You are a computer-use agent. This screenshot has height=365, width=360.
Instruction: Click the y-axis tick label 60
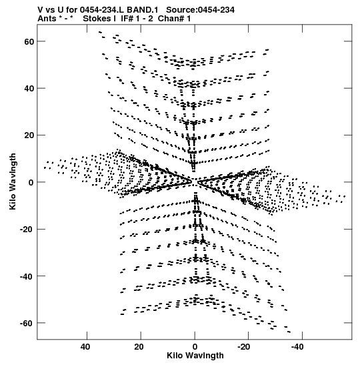pos(29,42)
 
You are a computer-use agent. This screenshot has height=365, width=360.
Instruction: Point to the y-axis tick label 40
pos(29,89)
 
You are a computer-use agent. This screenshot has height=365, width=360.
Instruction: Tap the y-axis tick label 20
pos(29,135)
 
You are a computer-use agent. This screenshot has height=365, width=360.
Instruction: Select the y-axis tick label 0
pos(31,183)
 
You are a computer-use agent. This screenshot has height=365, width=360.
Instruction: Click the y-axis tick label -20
pos(27,230)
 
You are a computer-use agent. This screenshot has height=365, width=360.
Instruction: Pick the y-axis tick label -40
pos(27,276)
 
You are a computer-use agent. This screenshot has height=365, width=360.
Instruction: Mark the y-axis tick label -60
pos(27,324)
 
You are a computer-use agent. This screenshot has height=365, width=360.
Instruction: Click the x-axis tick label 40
pos(85,347)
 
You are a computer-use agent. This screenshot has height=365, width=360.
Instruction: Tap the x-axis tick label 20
pos(139,347)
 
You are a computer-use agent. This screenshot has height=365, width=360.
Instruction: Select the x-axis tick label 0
pos(195,347)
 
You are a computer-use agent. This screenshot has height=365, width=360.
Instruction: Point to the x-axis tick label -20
pos(244,347)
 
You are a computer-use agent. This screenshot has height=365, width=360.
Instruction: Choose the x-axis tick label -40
pos(298,347)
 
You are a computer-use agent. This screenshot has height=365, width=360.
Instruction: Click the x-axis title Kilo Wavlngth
pos(195,356)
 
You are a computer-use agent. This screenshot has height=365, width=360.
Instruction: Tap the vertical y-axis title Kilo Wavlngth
pos(13,181)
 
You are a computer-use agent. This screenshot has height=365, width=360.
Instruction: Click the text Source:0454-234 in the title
pos(200,10)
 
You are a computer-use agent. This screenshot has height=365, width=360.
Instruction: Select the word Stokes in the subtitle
pos(97,19)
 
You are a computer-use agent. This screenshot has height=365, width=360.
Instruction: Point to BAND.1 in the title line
pos(142,10)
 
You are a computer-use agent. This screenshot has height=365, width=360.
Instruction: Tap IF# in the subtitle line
pos(127,19)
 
